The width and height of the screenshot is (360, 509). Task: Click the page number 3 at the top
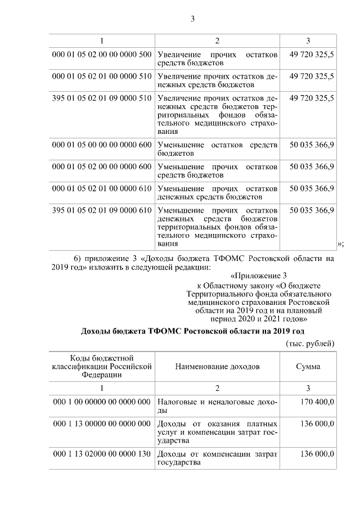(x=192, y=19)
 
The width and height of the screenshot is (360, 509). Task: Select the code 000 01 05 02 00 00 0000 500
(x=102, y=55)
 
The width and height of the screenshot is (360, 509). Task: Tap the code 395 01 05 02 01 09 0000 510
(x=102, y=97)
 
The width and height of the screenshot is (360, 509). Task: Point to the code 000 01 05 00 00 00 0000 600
(x=102, y=145)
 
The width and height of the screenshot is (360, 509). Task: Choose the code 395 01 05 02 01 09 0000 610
(x=102, y=210)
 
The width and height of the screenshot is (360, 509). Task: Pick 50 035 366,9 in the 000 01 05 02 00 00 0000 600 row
(x=312, y=166)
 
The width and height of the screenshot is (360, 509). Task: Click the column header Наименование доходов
(x=217, y=367)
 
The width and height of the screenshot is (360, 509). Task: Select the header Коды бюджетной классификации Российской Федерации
(x=102, y=367)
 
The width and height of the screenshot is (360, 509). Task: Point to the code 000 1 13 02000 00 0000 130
(x=102, y=454)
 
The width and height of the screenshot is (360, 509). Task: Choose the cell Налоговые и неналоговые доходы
(x=217, y=406)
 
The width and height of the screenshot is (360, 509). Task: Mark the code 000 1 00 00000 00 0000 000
(x=102, y=402)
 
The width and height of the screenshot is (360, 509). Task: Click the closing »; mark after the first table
(x=340, y=244)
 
